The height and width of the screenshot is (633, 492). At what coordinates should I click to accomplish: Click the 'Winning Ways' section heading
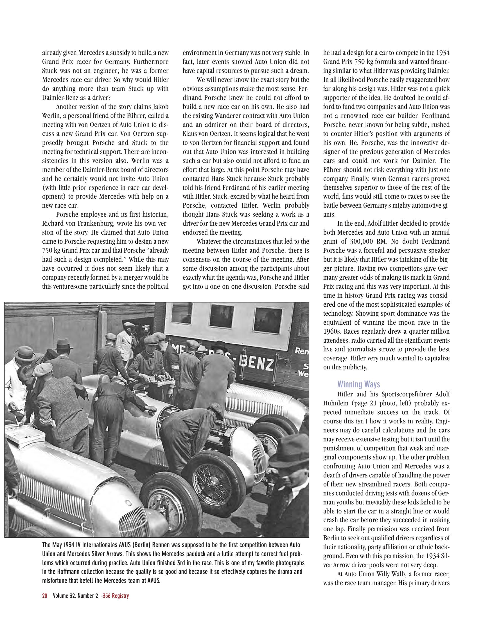coord(358,384)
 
